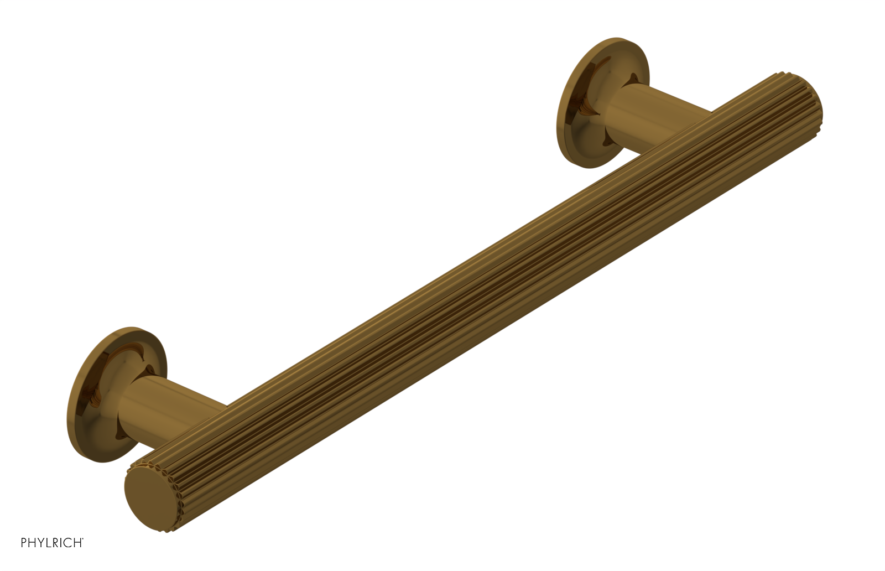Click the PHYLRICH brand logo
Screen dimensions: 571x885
pyautogui.click(x=51, y=543)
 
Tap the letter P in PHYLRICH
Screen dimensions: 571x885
pyautogui.click(x=24, y=543)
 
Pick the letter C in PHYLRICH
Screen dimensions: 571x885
pyautogui.click(x=68, y=543)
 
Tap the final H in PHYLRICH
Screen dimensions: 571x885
pyautogui.click(x=77, y=543)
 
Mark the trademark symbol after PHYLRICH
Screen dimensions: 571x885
pyautogui.click(x=83, y=539)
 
